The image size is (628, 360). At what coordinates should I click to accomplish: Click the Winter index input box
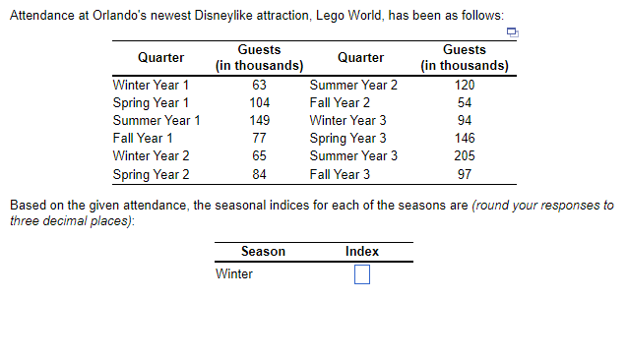point(361,274)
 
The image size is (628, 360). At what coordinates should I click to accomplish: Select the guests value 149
point(260,120)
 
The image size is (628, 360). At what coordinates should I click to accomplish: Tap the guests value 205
point(465,155)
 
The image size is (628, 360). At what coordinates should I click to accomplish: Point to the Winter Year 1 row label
point(152,85)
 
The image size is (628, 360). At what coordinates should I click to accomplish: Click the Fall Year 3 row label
point(340,174)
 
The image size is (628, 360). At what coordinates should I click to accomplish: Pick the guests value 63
point(260,85)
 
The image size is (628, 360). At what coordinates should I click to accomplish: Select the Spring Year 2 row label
point(152,174)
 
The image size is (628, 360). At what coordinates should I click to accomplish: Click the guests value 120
point(465,85)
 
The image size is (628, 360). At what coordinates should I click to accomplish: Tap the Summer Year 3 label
point(353,155)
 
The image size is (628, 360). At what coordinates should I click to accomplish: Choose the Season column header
point(263,252)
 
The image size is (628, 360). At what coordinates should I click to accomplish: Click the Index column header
point(362,252)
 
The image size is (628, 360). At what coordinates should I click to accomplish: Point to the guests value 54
point(465,102)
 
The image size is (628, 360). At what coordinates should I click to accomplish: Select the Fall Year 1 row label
point(144,138)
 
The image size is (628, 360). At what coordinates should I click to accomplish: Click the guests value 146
point(465,138)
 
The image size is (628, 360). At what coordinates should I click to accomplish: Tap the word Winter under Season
point(234,274)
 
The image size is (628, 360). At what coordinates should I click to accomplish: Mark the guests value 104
point(260,102)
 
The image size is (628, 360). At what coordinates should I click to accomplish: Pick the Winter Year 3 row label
point(347,120)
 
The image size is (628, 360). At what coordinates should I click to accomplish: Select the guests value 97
point(465,174)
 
